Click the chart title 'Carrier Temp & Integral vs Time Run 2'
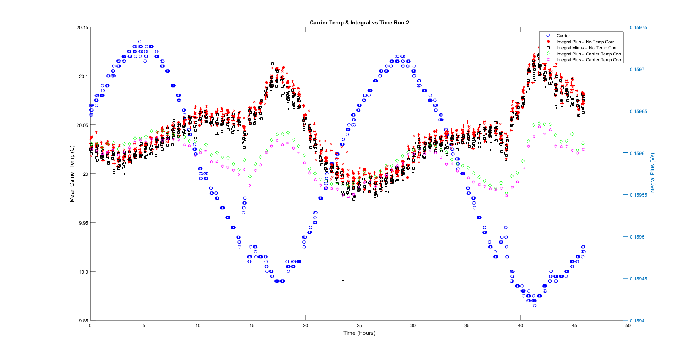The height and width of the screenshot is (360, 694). click(x=359, y=23)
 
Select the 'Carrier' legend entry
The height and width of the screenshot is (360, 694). click(x=563, y=36)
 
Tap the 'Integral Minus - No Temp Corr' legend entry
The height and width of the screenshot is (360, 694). click(x=586, y=48)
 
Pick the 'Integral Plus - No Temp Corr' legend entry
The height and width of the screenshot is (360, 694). click(x=585, y=42)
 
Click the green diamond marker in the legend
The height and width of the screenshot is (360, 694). click(x=548, y=54)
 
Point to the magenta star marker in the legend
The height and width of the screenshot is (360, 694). click(x=548, y=60)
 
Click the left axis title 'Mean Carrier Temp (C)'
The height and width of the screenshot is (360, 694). click(x=72, y=174)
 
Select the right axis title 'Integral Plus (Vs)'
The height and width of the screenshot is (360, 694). click(x=652, y=174)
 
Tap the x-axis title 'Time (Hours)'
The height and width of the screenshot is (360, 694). click(x=359, y=333)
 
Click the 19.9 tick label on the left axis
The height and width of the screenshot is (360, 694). click(x=83, y=272)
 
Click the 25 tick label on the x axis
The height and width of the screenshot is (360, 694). click(x=359, y=326)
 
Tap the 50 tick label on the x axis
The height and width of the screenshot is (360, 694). click(x=628, y=326)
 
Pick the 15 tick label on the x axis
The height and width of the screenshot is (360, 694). click(x=252, y=326)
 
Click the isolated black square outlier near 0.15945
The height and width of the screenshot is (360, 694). click(x=343, y=282)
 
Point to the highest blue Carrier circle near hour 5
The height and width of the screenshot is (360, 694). click(x=140, y=42)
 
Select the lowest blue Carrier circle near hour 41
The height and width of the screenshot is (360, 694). click(x=534, y=306)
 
